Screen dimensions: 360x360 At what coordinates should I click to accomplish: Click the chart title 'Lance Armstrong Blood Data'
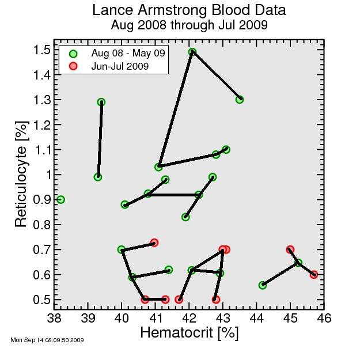[189, 11]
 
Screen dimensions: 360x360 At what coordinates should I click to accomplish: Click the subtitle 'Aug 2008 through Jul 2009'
[189, 25]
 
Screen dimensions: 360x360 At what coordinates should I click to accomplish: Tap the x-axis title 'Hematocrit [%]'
[189, 332]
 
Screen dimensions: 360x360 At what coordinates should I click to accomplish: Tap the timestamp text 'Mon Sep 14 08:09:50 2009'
[47, 340]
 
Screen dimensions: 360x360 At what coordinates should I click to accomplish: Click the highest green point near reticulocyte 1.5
[192, 52]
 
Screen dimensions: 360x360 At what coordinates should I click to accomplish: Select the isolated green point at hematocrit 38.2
[60, 199]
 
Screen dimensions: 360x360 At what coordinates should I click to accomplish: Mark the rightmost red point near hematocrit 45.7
[314, 275]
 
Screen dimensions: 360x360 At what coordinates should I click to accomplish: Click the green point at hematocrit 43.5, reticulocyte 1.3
[240, 100]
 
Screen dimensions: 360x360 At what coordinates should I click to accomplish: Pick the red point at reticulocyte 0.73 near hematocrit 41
[154, 242]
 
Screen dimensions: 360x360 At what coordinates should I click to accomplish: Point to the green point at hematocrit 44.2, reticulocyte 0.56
[263, 285]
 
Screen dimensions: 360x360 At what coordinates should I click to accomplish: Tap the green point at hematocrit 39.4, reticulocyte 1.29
[101, 102]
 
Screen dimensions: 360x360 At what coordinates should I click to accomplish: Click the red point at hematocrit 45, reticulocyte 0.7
[290, 249]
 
